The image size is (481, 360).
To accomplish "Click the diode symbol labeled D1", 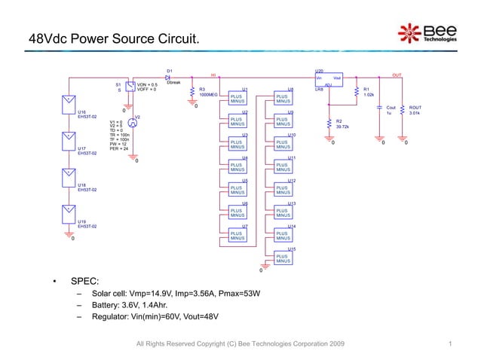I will (168, 77).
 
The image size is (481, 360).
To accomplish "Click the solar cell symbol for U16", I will (68, 101).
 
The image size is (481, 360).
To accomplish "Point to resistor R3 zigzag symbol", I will (194, 91).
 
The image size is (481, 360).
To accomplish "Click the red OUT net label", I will (397, 75).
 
